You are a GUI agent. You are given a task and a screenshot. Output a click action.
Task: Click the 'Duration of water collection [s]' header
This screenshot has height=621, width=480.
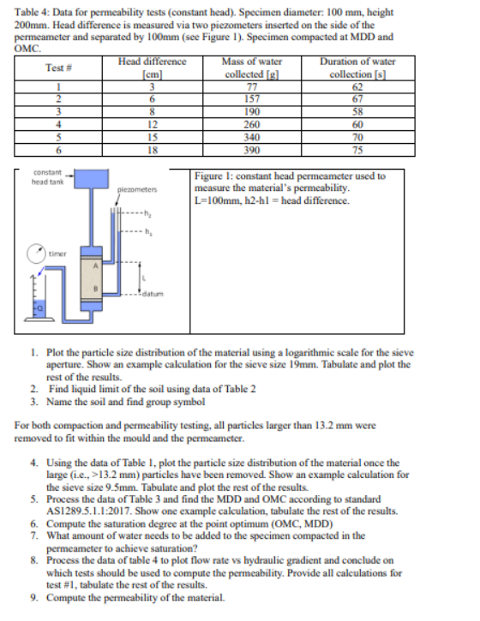(357, 68)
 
